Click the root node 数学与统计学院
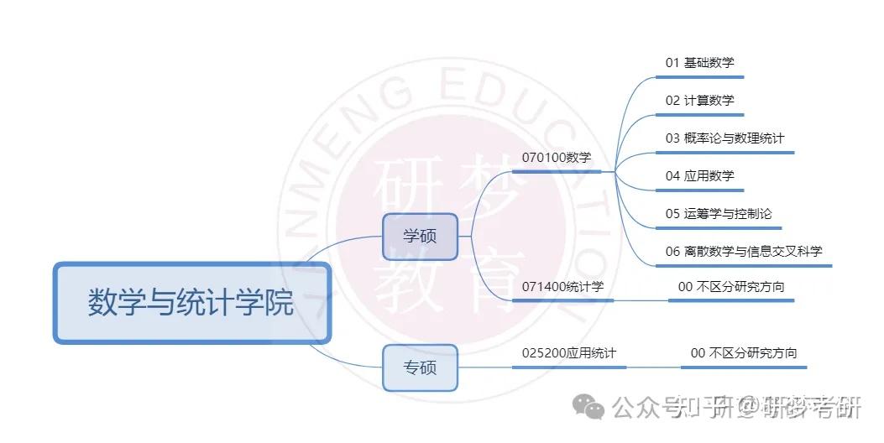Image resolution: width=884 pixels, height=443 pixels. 191,303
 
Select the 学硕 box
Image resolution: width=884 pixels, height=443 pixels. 420,236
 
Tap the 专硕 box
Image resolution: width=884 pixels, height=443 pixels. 420,367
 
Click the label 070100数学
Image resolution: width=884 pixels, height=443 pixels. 557,157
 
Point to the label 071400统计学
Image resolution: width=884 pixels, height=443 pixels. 562,287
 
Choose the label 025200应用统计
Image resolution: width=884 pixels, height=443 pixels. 568,353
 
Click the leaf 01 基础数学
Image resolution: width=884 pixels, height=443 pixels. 700,63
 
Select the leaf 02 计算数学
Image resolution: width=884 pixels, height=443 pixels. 700,100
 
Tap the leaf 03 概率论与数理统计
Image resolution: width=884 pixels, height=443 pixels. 724,138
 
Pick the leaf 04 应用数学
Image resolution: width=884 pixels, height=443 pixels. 700,175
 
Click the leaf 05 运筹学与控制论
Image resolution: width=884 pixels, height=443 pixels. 719,213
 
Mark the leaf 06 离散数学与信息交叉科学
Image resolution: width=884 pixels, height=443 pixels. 744,251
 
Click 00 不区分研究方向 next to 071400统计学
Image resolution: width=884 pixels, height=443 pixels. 731,287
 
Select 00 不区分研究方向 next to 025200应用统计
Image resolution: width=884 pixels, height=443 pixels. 744,353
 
